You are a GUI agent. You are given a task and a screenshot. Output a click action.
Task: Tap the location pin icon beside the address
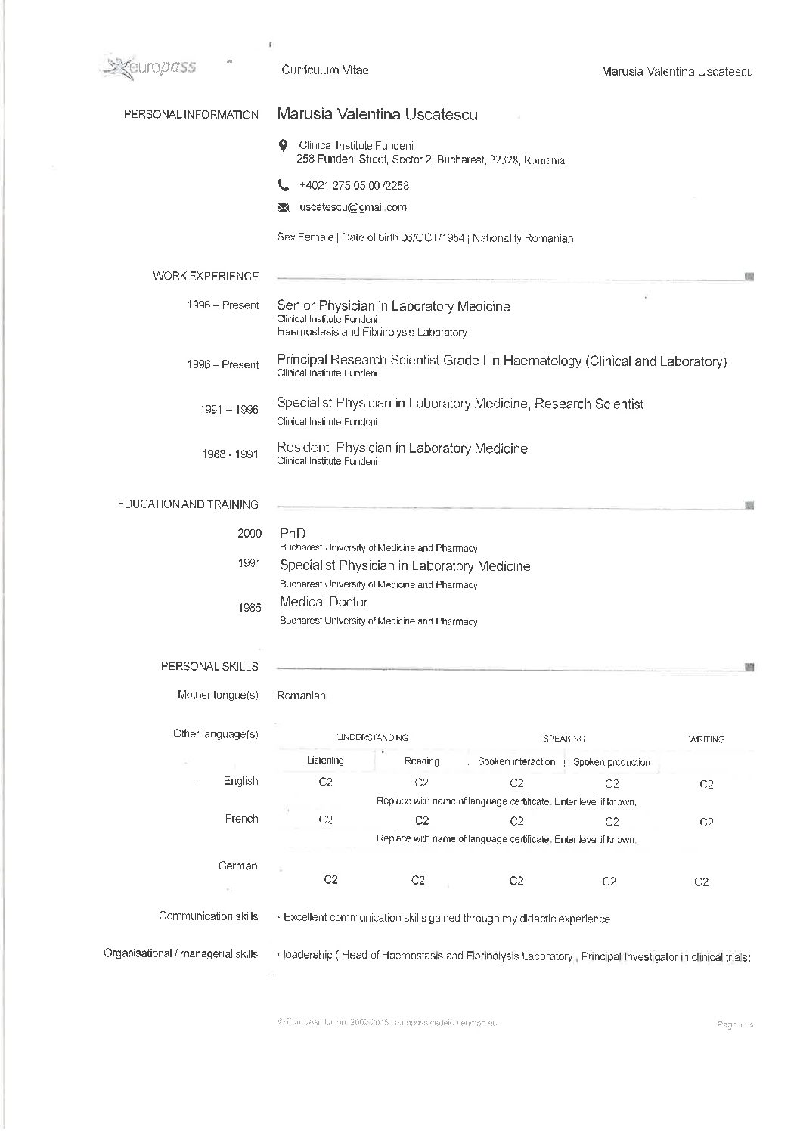[283, 145]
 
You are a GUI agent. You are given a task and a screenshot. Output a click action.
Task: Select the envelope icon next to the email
[284, 207]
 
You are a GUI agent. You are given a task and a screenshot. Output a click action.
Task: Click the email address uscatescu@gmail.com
[352, 207]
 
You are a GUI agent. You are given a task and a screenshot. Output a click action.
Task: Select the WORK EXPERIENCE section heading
[206, 276]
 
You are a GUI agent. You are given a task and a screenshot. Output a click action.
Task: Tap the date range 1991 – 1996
[228, 409]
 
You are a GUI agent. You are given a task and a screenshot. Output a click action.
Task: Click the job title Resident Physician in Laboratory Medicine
[402, 448]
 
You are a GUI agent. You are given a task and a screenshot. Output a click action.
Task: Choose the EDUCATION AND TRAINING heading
[188, 504]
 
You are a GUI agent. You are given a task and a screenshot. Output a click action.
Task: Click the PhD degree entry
[293, 533]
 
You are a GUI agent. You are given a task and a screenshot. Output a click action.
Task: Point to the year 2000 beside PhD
[250, 533]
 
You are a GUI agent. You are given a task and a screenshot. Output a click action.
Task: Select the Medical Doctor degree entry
[324, 602]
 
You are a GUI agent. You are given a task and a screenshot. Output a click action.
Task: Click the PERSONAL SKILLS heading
[209, 666]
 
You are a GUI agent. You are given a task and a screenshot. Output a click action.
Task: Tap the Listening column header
[325, 761]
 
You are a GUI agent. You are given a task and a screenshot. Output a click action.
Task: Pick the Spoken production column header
[612, 762]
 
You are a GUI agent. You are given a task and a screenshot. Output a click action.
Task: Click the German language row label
[237, 866]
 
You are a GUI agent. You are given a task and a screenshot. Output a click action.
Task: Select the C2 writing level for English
[706, 785]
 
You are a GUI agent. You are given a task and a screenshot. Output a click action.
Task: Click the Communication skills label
[208, 916]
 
